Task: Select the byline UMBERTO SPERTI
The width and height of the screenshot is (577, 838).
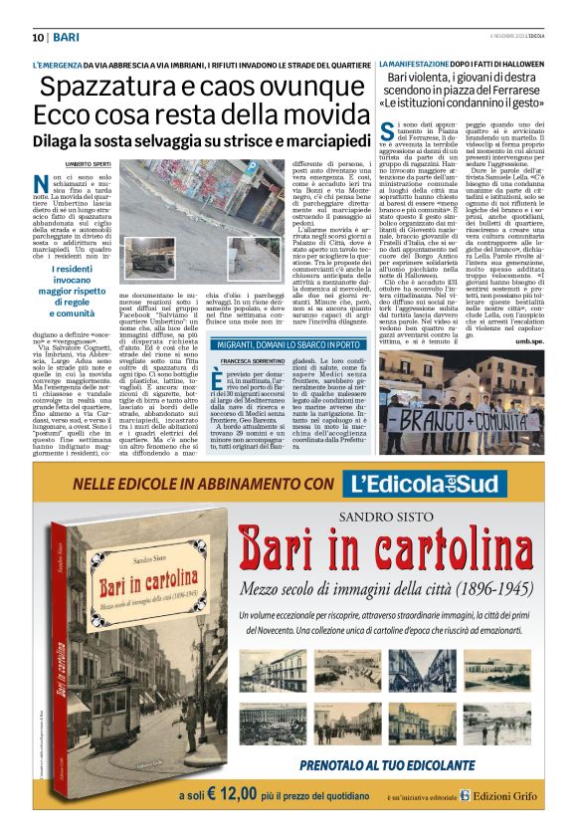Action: click(86, 161)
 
